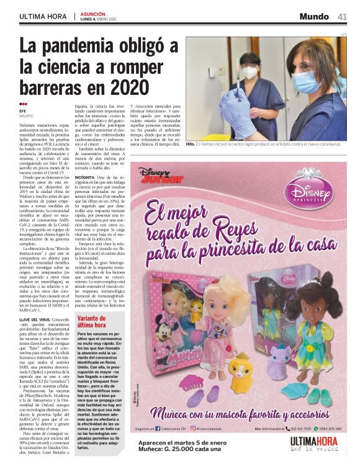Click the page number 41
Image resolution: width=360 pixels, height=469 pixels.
[342, 16]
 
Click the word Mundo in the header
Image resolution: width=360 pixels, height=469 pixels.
[314, 16]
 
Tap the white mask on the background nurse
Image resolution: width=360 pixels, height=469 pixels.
[250, 73]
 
